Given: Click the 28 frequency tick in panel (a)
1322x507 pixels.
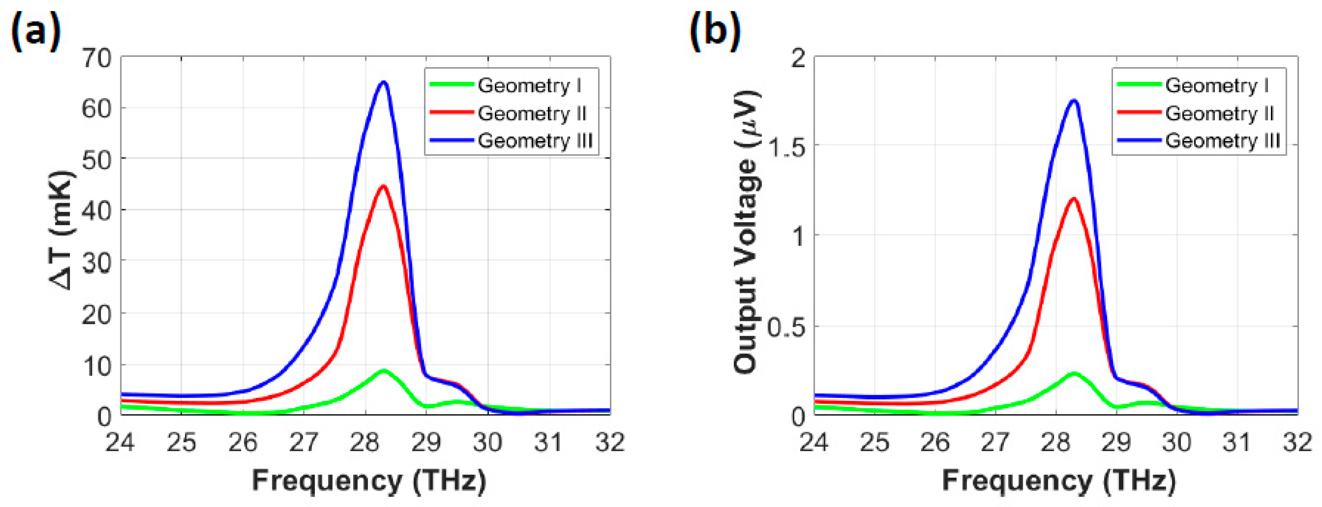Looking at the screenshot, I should pyautogui.click(x=365, y=442).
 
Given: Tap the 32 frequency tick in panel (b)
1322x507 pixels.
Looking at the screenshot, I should pyautogui.click(x=1297, y=442).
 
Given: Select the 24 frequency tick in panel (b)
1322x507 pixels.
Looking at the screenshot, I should pyautogui.click(x=814, y=442).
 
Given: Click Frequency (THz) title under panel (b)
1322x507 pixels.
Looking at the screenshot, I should pyautogui.click(x=1058, y=481).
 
